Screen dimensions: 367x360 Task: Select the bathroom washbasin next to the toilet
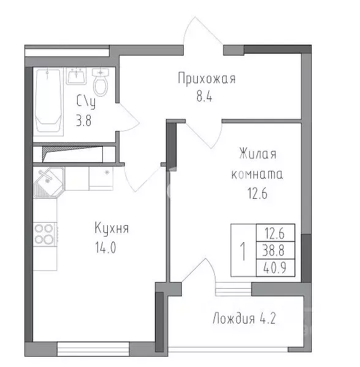tap(77, 78)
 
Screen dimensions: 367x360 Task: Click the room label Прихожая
tap(206, 79)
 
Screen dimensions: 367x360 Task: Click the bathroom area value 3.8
tap(86, 120)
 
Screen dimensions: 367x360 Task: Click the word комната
tap(257, 174)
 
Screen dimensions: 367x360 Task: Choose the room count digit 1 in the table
tap(243, 250)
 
